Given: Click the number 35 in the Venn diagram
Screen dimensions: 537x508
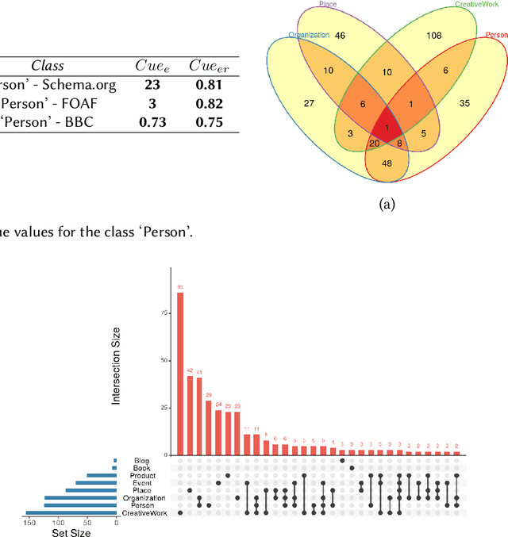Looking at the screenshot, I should [465, 103].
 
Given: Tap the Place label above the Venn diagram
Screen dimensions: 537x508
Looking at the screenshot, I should [328, 4].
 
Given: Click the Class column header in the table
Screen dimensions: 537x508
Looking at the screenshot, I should [48, 66].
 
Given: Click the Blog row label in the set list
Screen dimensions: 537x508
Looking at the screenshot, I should [142, 460].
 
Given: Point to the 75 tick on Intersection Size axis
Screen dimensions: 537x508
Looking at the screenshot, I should [164, 313].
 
